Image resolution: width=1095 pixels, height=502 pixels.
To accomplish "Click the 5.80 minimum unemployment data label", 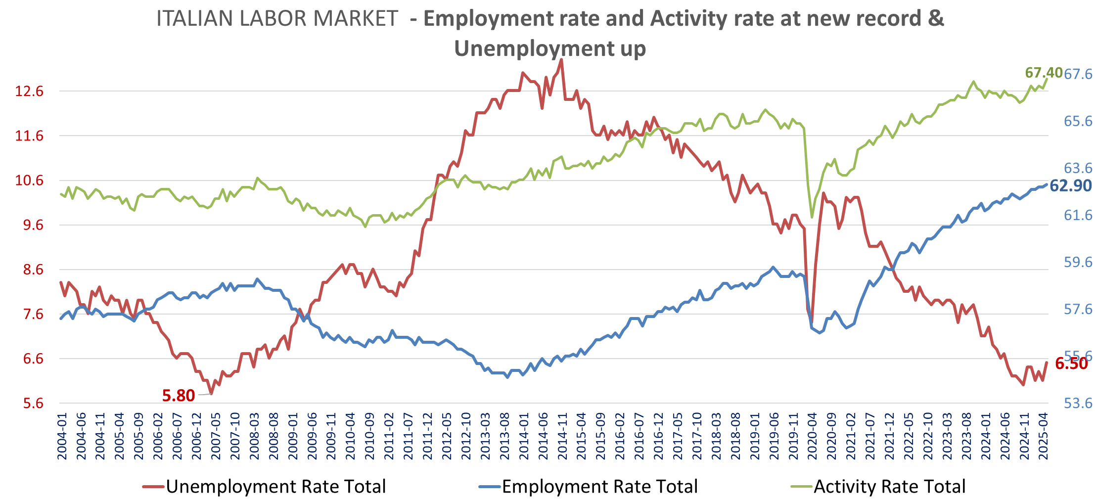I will (179, 396).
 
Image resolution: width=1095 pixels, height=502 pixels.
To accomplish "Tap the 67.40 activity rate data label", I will (1044, 73).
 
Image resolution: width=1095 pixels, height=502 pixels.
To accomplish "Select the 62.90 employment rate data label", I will (1070, 185).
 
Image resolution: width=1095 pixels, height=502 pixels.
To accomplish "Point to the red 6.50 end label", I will (1071, 364).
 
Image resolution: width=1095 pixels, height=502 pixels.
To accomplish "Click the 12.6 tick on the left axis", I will (29, 91).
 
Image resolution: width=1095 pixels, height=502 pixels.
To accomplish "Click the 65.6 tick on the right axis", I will (1078, 121).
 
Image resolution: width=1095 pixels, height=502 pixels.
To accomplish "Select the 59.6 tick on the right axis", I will (1078, 262).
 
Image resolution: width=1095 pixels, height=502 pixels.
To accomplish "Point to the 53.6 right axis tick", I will (1078, 403).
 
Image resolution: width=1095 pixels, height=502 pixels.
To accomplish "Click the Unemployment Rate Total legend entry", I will (275, 487).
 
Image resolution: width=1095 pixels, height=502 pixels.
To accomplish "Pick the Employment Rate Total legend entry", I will (599, 487).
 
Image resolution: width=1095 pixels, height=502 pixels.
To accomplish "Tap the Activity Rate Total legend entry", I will (889, 487).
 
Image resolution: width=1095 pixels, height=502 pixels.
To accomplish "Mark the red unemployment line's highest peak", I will (561, 60).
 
